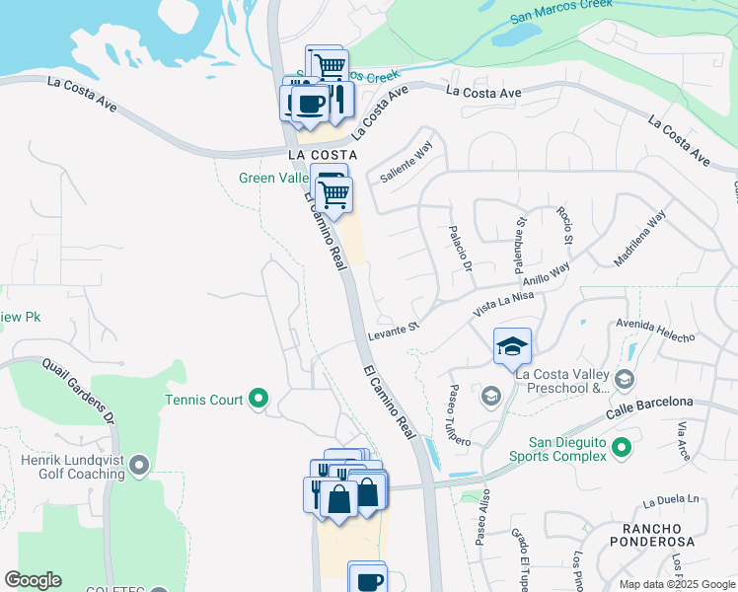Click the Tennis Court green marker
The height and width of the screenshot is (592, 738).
pyautogui.click(x=258, y=399)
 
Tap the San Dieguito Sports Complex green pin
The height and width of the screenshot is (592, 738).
pyautogui.click(x=621, y=448)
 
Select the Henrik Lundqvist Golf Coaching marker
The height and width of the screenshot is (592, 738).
pyautogui.click(x=138, y=463)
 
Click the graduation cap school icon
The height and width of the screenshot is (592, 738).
pyautogui.click(x=512, y=346)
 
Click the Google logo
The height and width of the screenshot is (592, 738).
pyautogui.click(x=33, y=580)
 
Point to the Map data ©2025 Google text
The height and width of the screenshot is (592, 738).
pyautogui.click(x=676, y=584)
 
